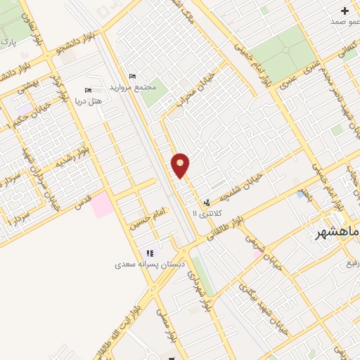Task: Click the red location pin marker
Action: (181, 166)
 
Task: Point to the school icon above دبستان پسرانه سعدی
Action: (149, 254)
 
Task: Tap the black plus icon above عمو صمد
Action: (345, 11)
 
